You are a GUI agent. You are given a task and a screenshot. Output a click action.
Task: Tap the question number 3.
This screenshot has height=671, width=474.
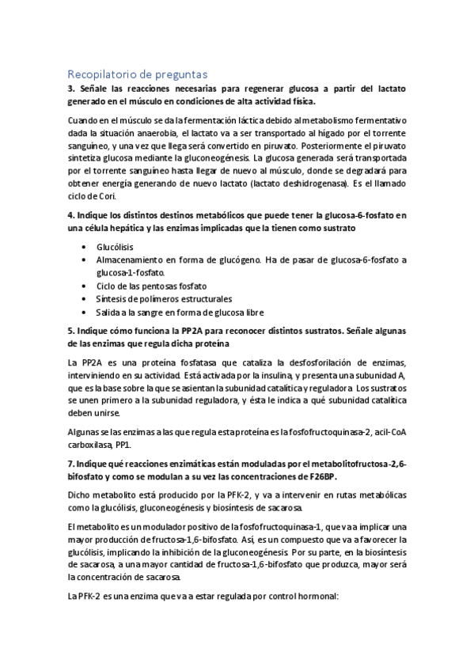pyautogui.click(x=70, y=89)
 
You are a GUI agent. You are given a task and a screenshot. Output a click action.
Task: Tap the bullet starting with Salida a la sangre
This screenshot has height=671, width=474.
pyautogui.click(x=180, y=312)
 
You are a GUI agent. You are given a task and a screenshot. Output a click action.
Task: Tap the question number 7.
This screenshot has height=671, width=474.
pyautogui.click(x=70, y=464)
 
